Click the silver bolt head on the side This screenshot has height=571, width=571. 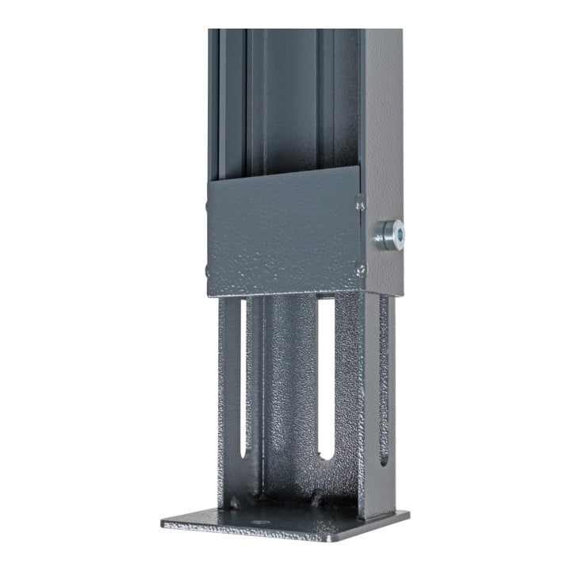point(389,235)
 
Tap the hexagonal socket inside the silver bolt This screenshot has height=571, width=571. point(394,234)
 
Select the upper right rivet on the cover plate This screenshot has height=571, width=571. point(360,205)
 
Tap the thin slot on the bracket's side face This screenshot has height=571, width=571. point(384,381)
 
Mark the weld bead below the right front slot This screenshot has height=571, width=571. point(320,500)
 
